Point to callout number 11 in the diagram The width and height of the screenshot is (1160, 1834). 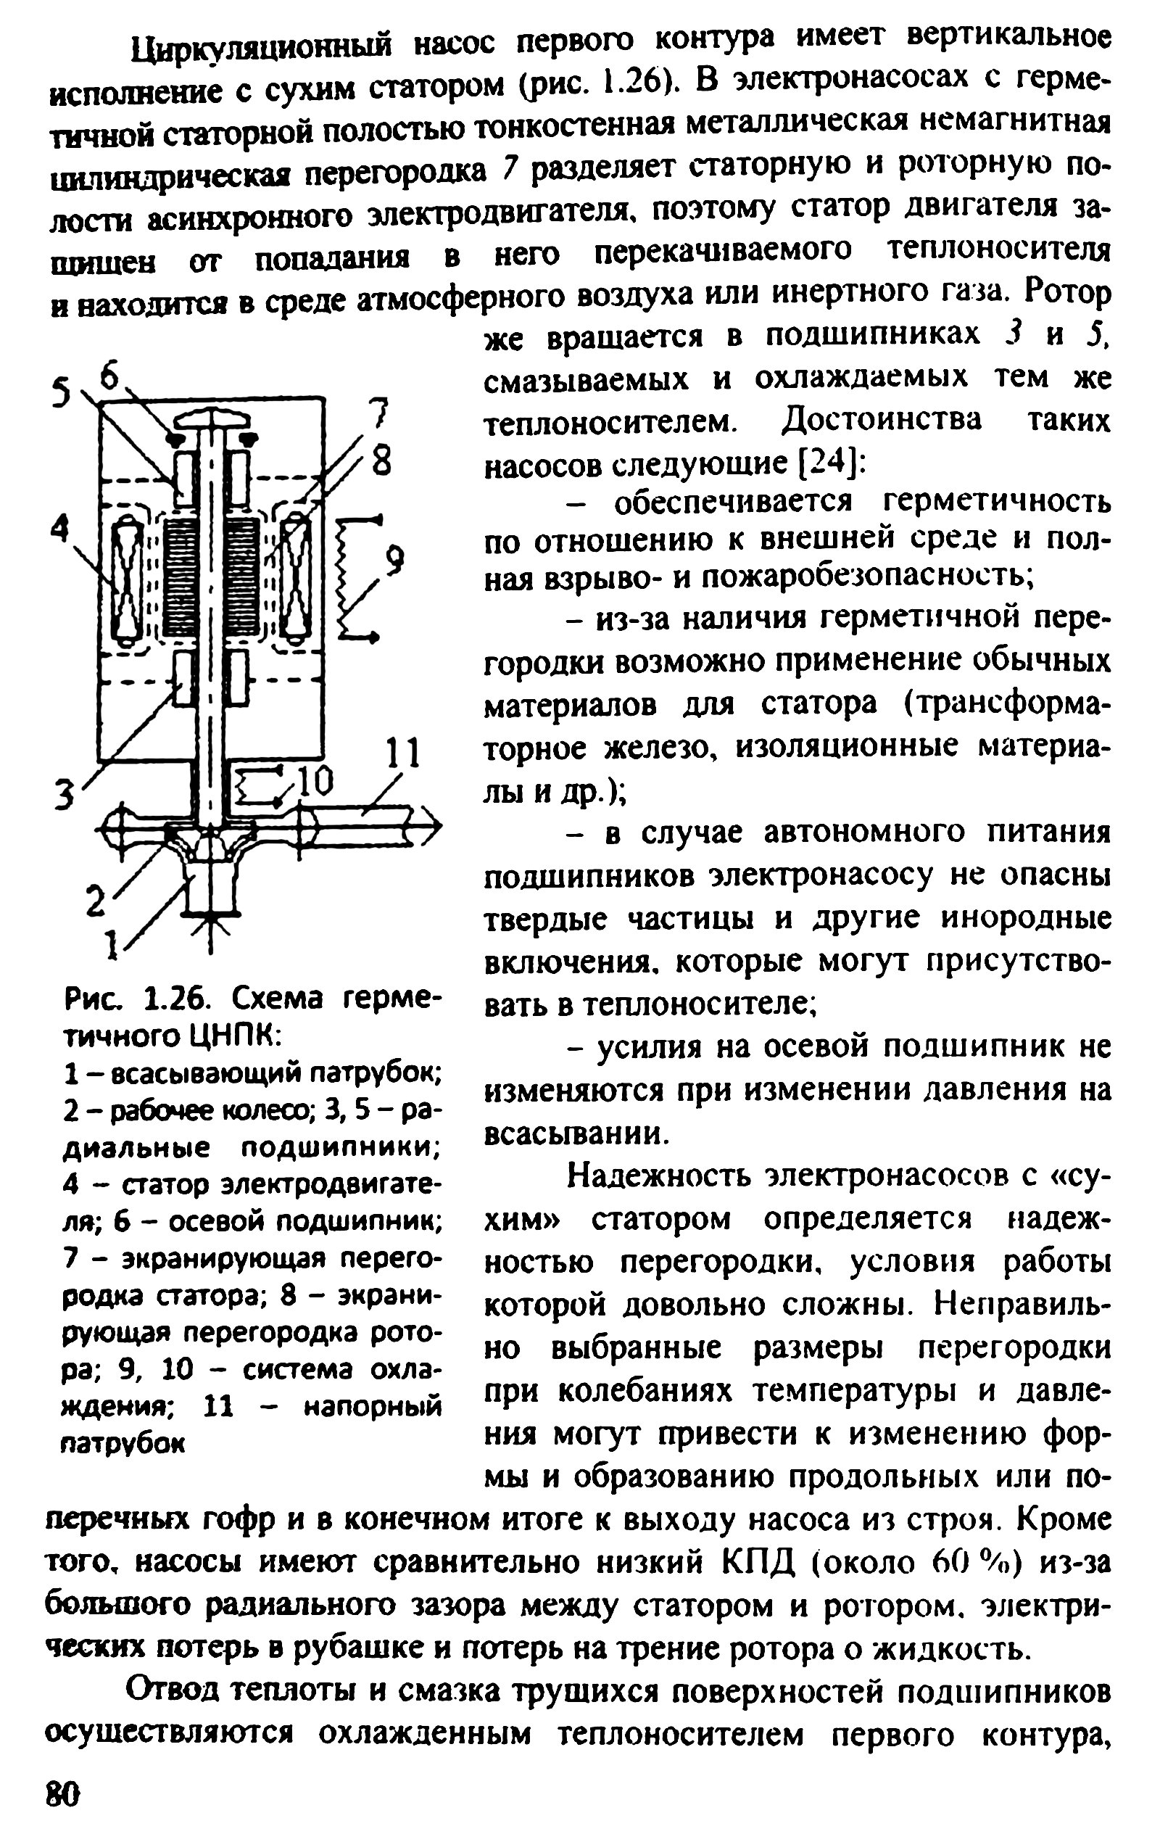402,754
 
